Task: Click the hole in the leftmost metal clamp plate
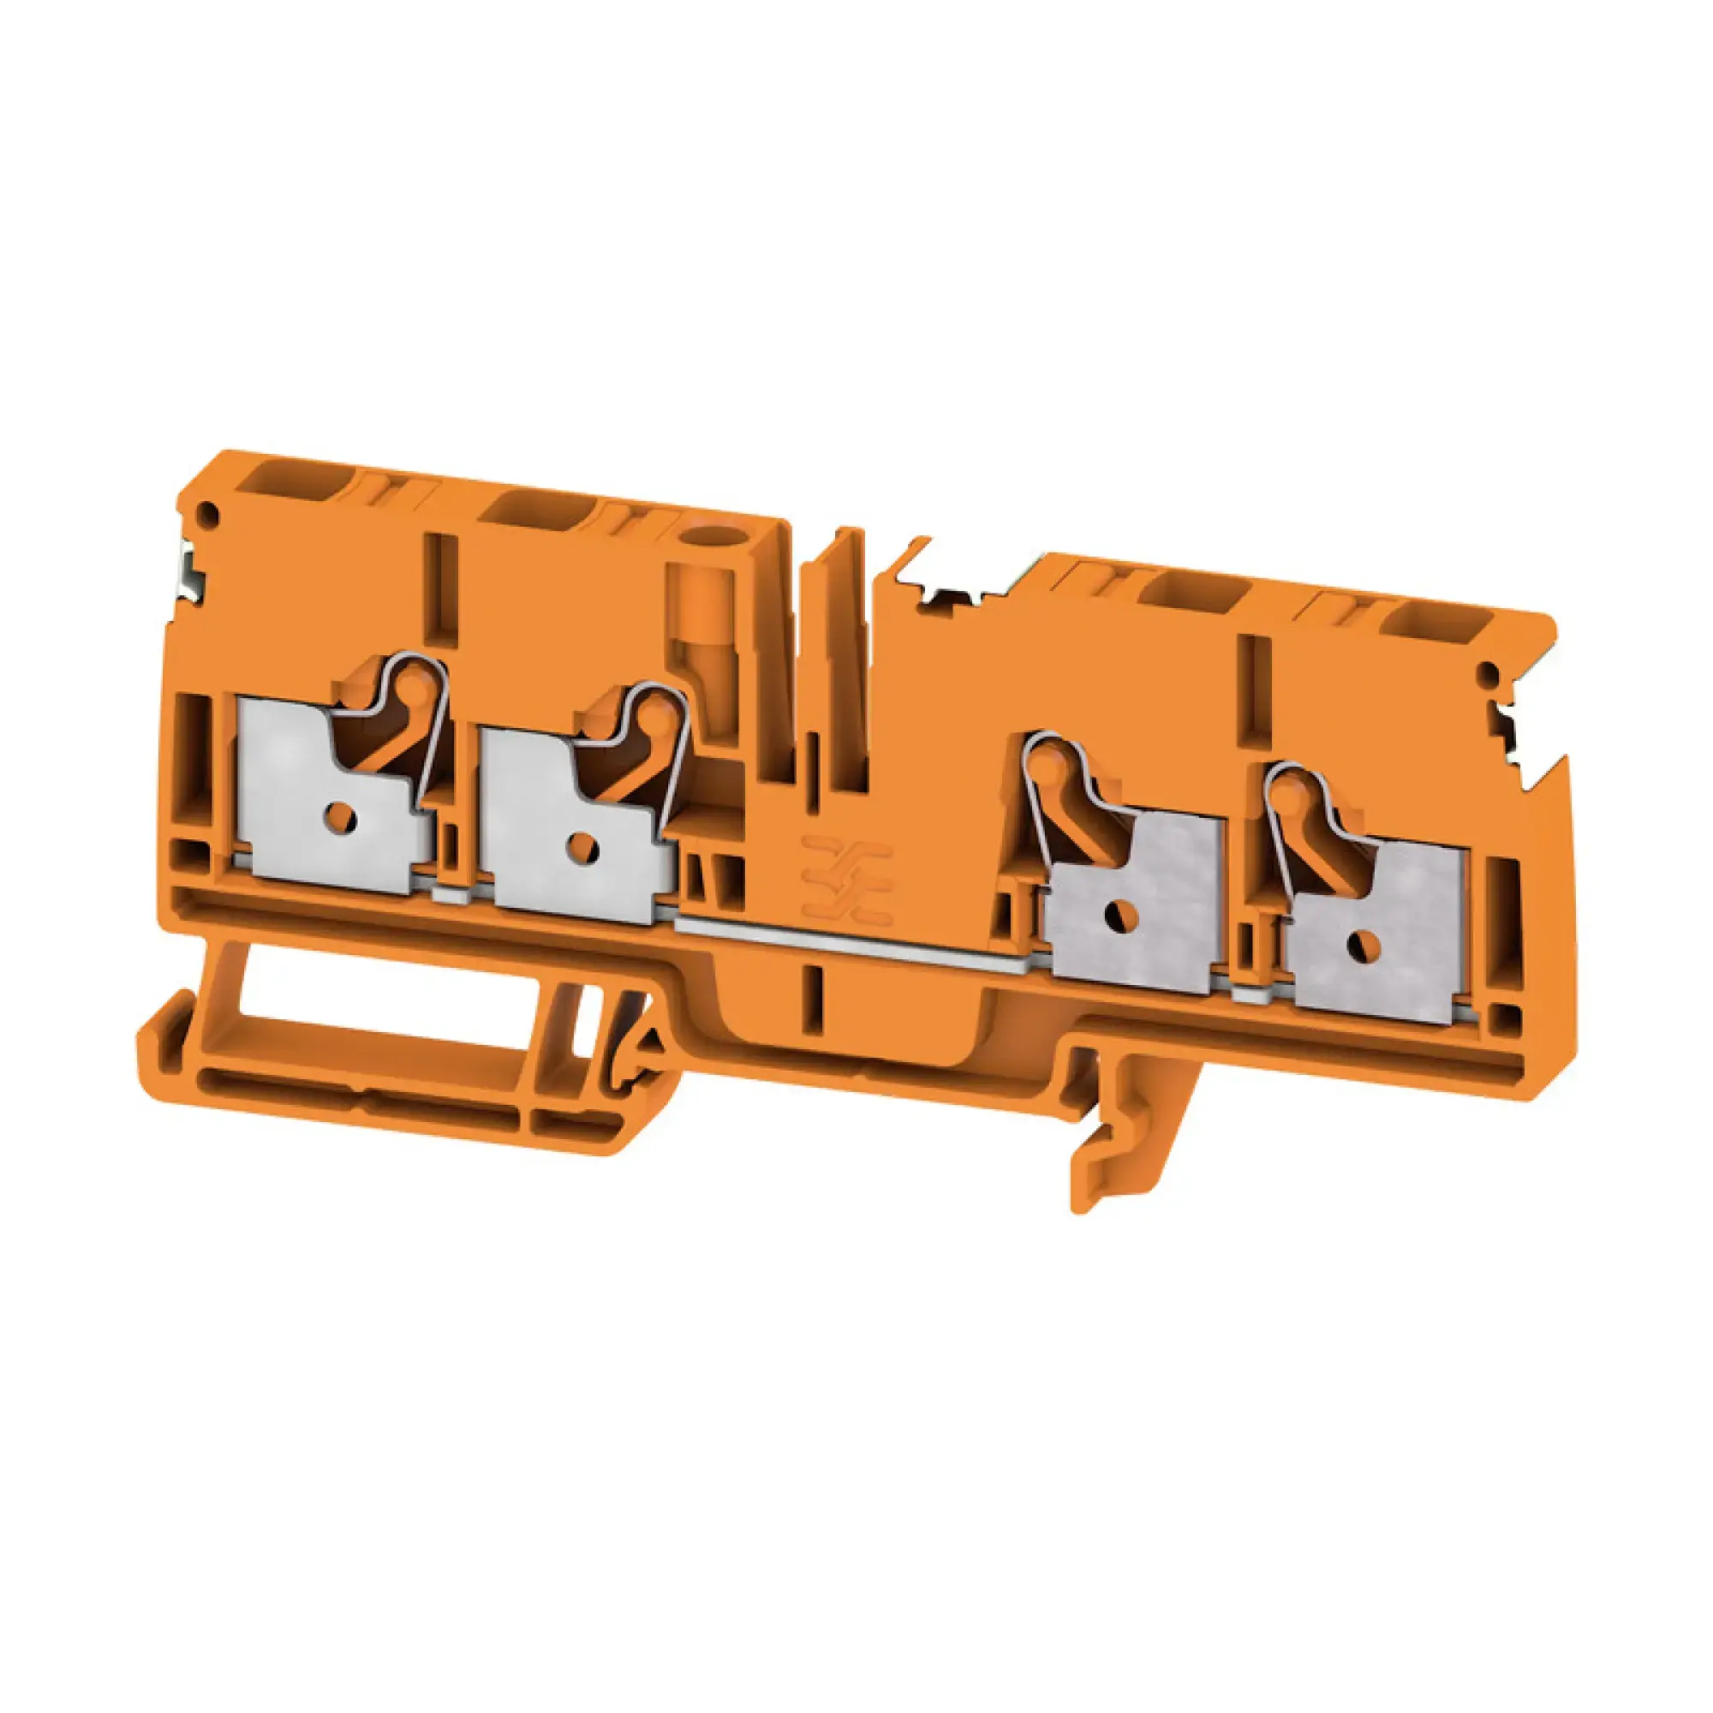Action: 339,811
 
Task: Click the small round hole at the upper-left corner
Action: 209,511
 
